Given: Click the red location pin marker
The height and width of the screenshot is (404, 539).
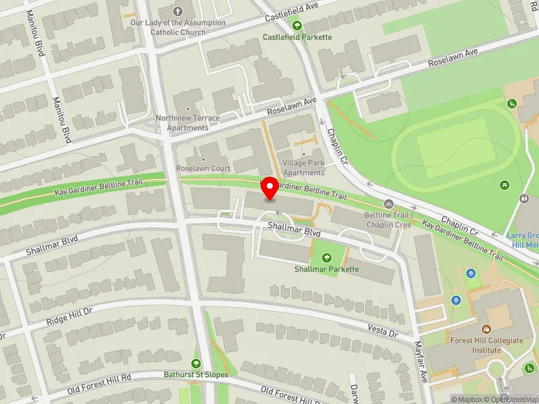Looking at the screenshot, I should (x=270, y=188).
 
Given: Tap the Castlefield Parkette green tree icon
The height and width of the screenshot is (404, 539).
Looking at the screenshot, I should (x=297, y=26).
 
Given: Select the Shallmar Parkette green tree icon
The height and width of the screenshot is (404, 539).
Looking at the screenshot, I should (x=327, y=257).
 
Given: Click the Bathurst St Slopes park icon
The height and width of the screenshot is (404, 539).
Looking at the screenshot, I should (x=197, y=364).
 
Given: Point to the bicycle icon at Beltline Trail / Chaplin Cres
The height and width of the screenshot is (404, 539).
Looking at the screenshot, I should (x=388, y=204).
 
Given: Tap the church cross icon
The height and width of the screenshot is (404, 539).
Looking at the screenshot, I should (x=178, y=11).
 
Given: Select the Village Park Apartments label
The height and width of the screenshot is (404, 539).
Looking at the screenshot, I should (x=303, y=168).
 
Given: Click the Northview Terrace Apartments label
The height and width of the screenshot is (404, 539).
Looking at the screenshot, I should (x=188, y=123).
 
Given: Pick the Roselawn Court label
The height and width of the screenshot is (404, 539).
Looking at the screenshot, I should (x=203, y=168).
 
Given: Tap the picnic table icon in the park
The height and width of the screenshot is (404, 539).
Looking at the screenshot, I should (x=505, y=184).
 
